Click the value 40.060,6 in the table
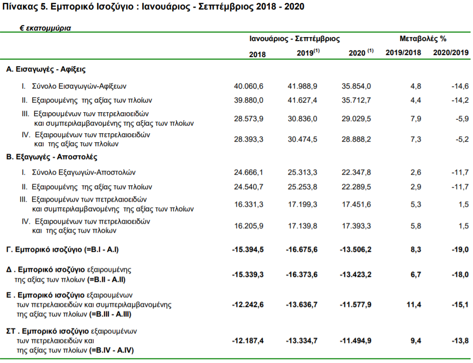pos(249,86)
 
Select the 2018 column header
pos(257,54)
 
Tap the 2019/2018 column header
pos(403,53)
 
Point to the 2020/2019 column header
pos(451,53)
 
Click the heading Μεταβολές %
pos(422,39)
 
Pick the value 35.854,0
pos(356,86)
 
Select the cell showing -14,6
pos(460,86)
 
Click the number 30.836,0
pos(302,119)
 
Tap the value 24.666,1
pos(249,172)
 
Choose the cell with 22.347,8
pos(356,172)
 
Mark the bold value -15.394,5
pos(248,249)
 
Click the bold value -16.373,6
pos(302,274)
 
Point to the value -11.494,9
pos(356,340)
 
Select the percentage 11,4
pos(414,304)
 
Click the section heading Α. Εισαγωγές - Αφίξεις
pos(46,70)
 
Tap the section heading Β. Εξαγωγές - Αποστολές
pos(52,157)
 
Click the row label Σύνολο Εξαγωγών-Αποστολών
pos(84,172)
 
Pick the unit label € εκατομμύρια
pos(45,28)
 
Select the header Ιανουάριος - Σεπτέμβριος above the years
pos(294,39)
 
